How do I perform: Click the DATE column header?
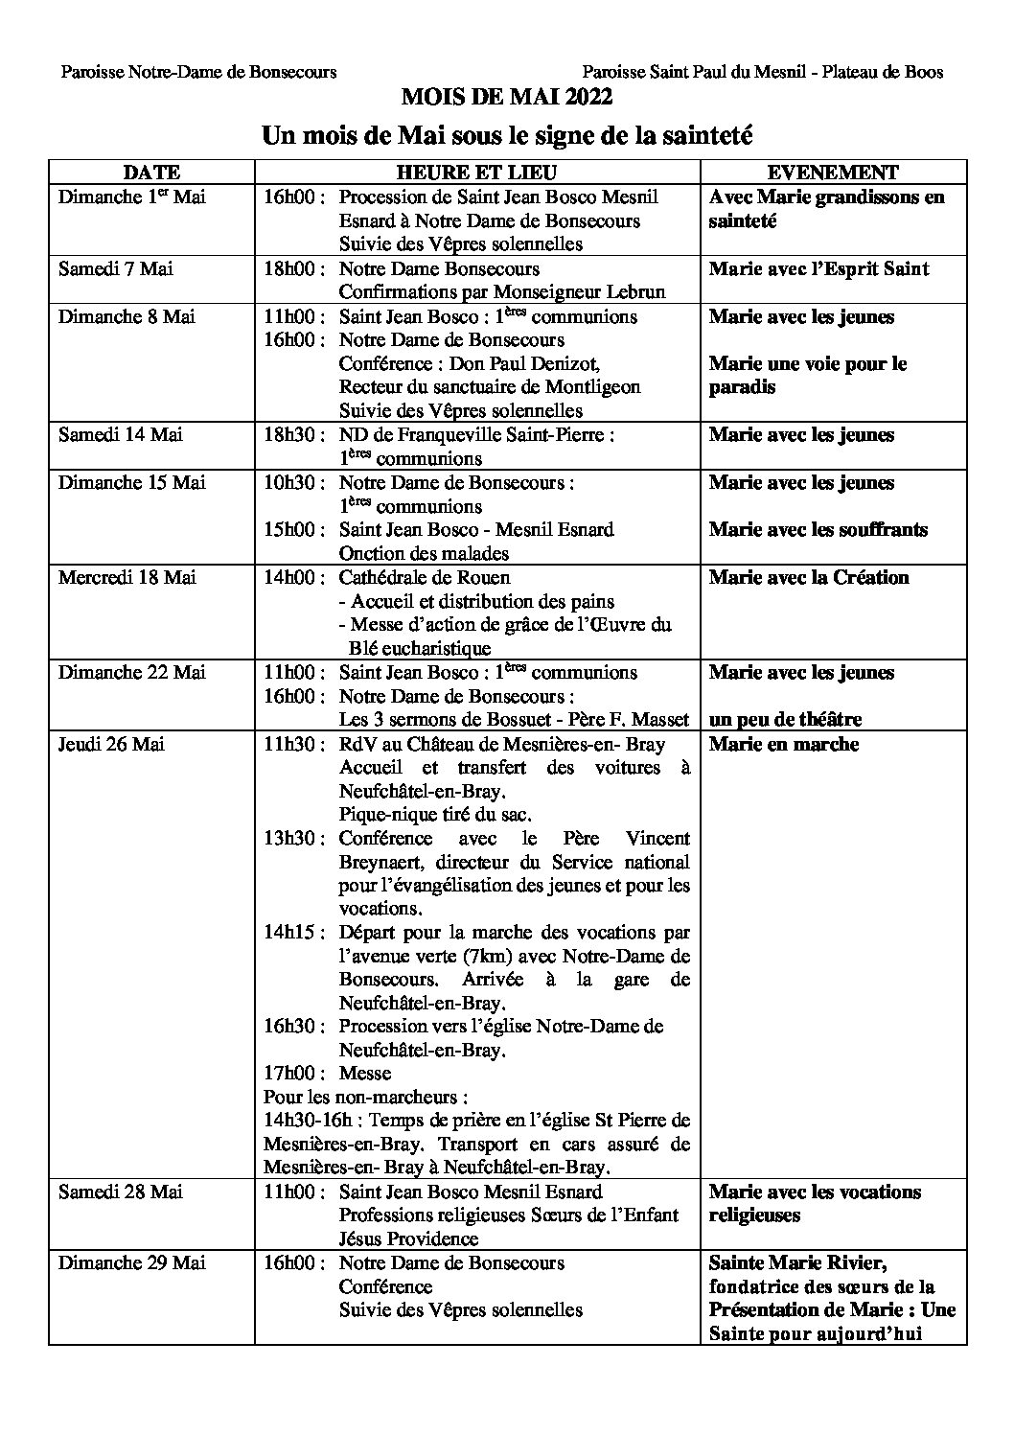(x=151, y=173)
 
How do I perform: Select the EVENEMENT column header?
(x=833, y=173)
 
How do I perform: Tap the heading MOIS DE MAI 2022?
(x=506, y=97)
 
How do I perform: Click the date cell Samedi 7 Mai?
(x=115, y=268)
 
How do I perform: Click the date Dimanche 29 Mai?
(x=131, y=1262)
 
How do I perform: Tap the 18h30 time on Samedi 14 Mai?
(x=290, y=435)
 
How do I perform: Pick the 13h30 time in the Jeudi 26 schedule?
(x=290, y=839)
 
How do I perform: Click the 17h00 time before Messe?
(x=290, y=1073)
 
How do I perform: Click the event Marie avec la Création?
(x=808, y=577)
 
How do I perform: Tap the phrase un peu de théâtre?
(x=785, y=719)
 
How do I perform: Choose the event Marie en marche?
(x=783, y=744)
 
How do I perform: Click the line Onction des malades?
(x=424, y=553)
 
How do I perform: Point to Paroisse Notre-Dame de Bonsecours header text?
(x=198, y=72)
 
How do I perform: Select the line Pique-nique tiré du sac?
(x=435, y=815)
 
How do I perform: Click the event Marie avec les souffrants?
(x=818, y=529)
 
